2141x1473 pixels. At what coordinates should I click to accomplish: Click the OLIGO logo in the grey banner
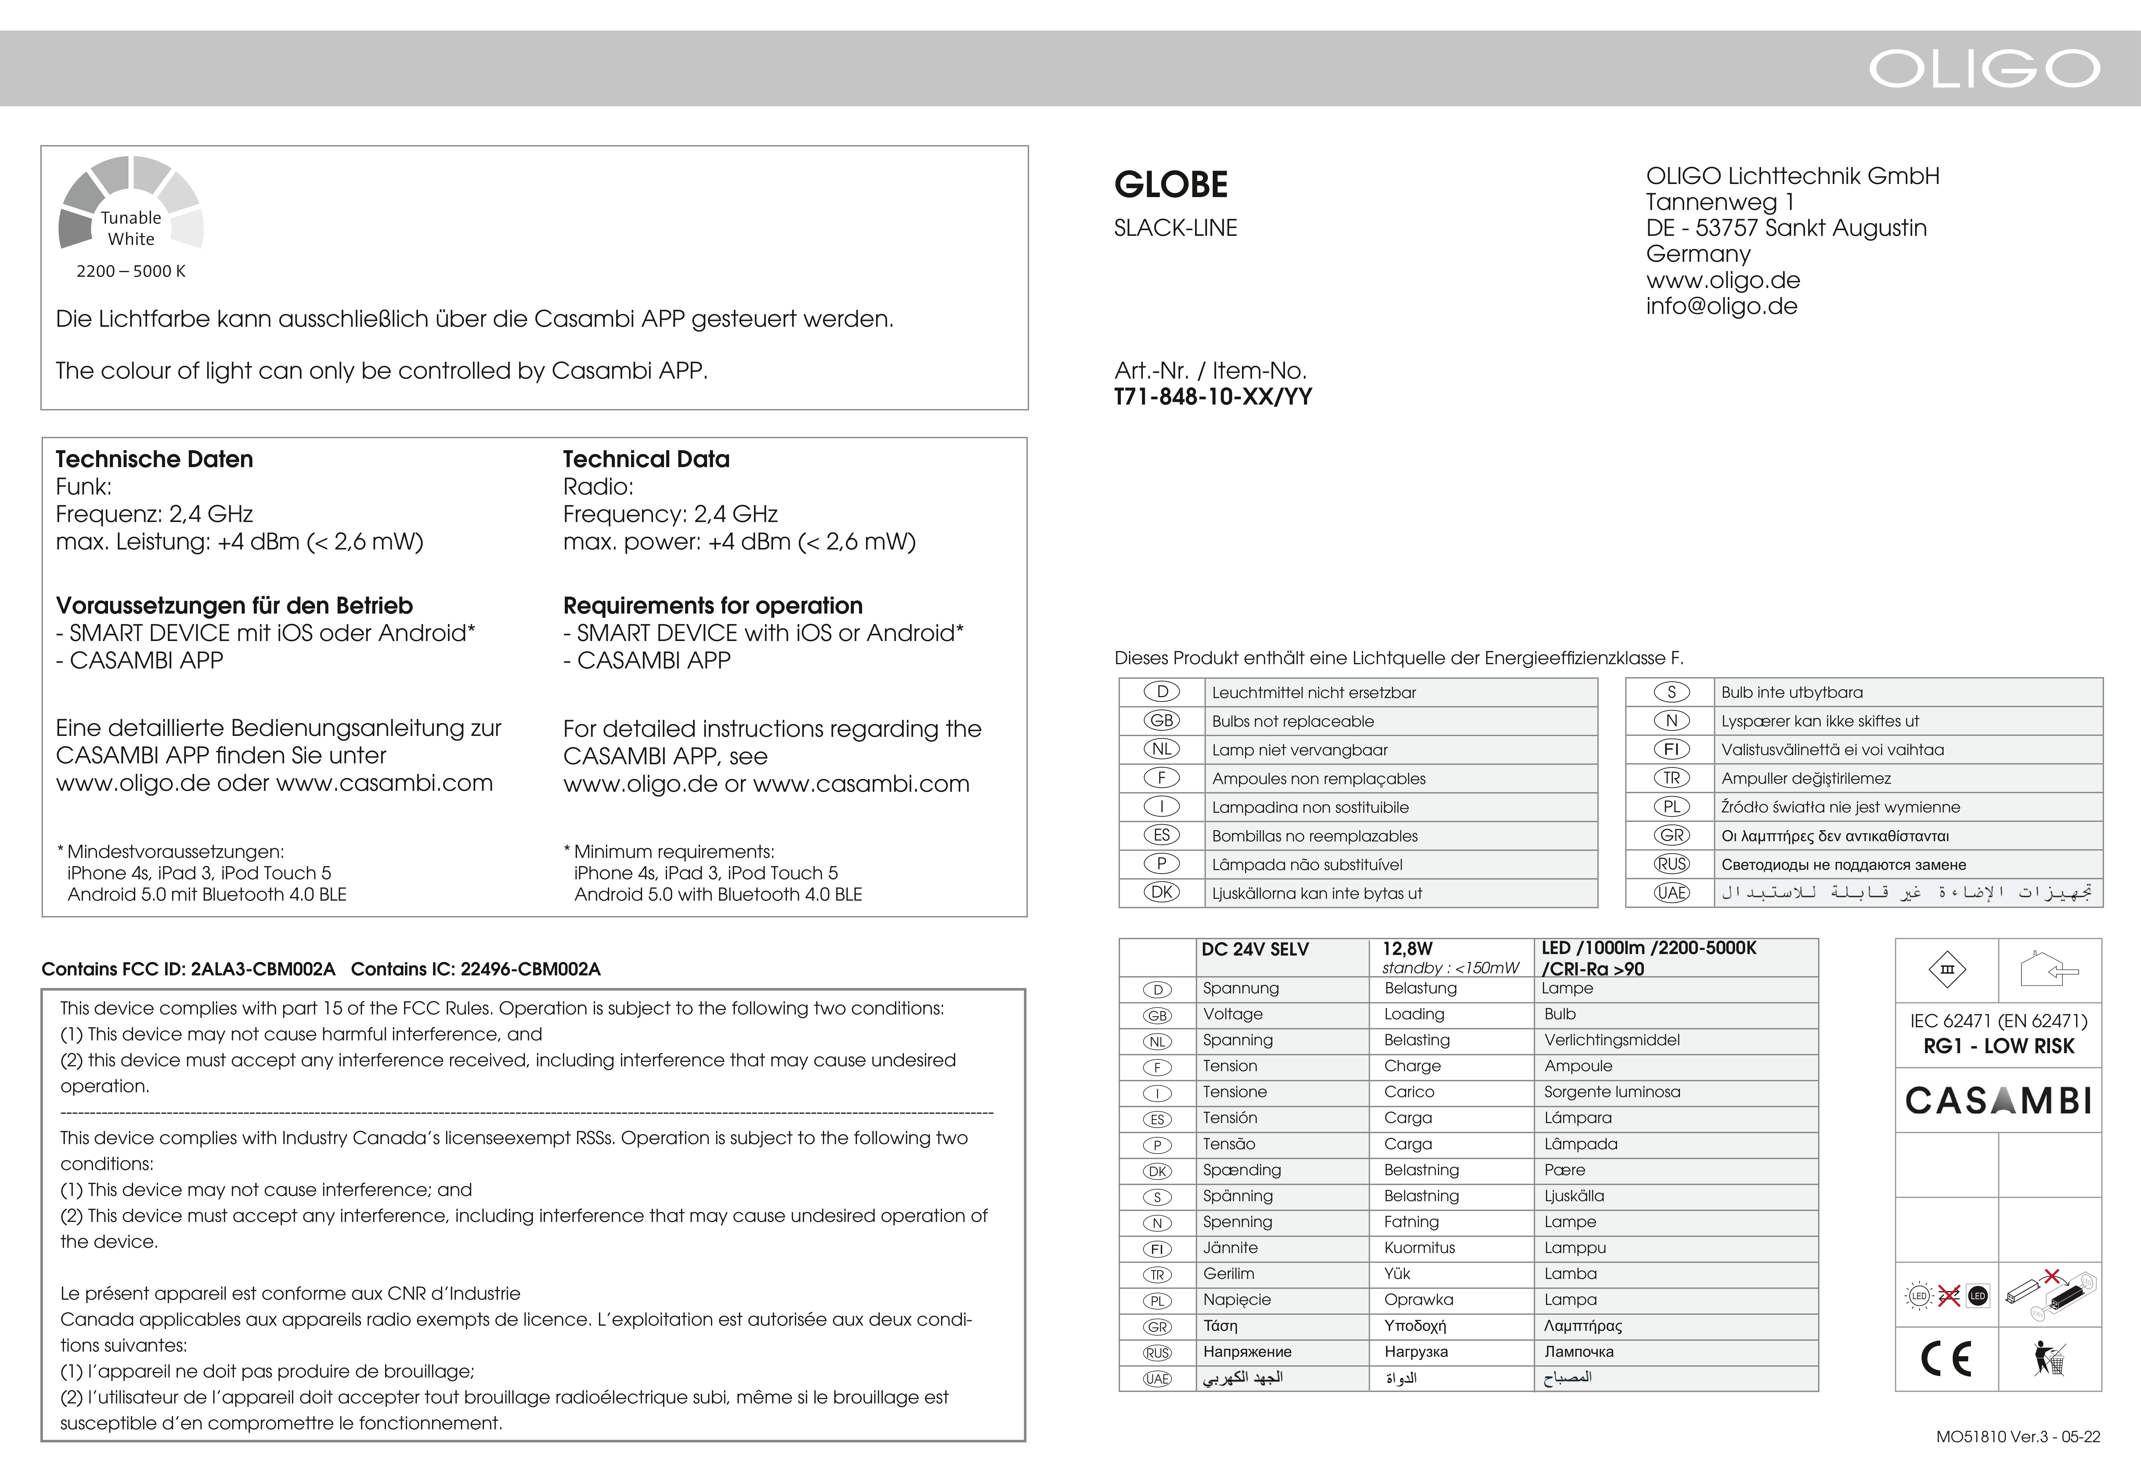click(x=1984, y=68)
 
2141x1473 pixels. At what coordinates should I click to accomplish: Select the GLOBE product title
click(x=1170, y=185)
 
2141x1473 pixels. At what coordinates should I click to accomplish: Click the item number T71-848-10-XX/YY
click(x=1213, y=397)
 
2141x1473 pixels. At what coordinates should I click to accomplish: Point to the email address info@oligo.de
click(x=1721, y=306)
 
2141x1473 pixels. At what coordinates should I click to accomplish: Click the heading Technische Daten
click(x=154, y=459)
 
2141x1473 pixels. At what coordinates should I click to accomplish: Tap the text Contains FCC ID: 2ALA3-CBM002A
click(x=188, y=969)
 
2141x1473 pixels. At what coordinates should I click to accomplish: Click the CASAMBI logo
click(x=1998, y=1100)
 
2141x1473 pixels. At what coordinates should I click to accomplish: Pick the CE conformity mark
click(x=1946, y=1359)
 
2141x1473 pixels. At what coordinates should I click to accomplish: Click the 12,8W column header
click(x=1407, y=949)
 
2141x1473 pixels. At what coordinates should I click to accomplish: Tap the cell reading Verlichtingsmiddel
click(x=1611, y=1040)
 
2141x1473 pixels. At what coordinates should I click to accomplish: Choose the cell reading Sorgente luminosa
click(x=1611, y=1092)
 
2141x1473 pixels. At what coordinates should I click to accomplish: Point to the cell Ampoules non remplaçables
click(x=1318, y=779)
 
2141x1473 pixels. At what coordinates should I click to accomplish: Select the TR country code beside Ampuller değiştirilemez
click(x=1671, y=778)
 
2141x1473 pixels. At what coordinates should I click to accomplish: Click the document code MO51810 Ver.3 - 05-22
click(x=2017, y=1437)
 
